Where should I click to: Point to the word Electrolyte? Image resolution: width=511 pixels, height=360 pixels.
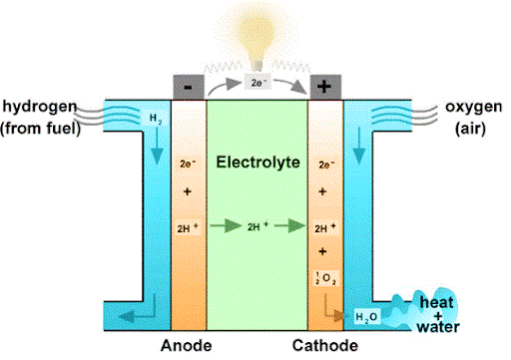[257, 161]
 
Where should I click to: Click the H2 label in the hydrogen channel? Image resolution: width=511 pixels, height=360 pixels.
[155, 118]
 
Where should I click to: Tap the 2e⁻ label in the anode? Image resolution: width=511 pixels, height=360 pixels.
[188, 161]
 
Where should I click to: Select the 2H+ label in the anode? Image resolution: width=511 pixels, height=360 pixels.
[188, 226]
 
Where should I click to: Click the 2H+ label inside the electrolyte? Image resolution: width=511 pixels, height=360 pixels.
[257, 226]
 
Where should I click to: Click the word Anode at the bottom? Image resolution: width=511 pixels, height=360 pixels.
[188, 346]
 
